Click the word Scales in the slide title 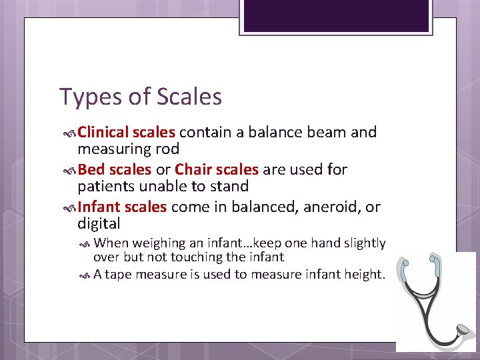click(x=189, y=97)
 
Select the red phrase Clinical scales click(x=127, y=133)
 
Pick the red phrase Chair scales click(x=217, y=170)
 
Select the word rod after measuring click(x=167, y=149)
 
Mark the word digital click(x=99, y=224)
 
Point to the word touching click(x=213, y=257)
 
